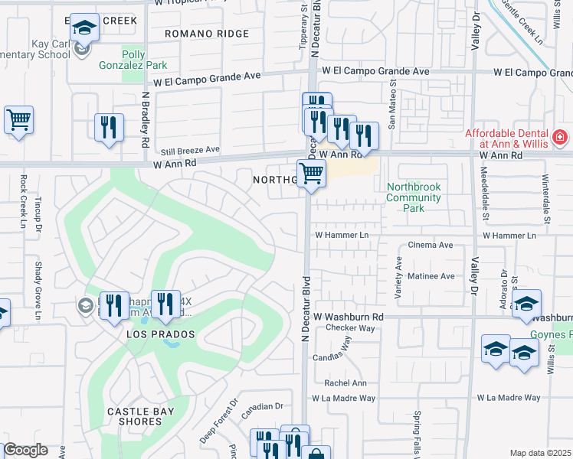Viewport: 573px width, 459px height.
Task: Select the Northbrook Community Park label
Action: (x=414, y=197)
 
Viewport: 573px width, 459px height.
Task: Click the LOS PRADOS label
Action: (x=161, y=335)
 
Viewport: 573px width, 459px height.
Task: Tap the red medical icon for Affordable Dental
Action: (x=560, y=137)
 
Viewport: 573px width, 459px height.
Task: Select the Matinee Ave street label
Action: (x=431, y=276)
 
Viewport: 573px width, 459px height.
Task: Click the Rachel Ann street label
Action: (x=345, y=383)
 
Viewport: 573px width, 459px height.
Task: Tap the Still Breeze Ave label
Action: (x=190, y=149)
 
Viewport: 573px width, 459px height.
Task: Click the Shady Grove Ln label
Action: (x=38, y=291)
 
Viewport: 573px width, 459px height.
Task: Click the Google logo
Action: (x=25, y=450)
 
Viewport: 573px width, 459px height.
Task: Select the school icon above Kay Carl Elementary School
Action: (x=83, y=28)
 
